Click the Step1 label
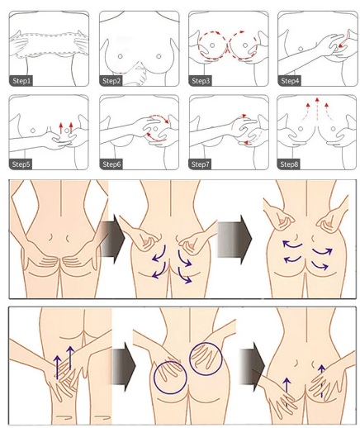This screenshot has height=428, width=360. [21, 81]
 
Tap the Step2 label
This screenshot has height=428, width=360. [111, 81]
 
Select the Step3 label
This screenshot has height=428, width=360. [201, 81]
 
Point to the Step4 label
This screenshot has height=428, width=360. [290, 81]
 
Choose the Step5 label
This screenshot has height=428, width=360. [21, 164]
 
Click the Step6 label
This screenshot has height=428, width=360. [111, 164]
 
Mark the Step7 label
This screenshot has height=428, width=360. [200, 164]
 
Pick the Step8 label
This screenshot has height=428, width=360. [289, 164]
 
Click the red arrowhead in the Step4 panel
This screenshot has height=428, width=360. [341, 46]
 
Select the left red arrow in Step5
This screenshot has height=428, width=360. [61, 128]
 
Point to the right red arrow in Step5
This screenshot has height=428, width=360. [71, 128]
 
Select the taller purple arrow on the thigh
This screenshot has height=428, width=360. [70, 358]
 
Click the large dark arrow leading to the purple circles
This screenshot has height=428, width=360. [124, 366]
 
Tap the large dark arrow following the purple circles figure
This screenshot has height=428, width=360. [252, 366]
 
